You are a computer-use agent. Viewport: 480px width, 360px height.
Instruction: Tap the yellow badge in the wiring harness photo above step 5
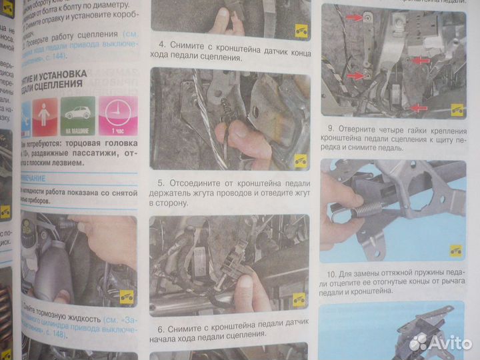[x=300, y=160]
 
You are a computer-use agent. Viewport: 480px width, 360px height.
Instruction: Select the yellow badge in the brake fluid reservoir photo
[x=126, y=297]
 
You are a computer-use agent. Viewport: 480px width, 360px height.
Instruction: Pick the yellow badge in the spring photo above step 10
[x=456, y=250]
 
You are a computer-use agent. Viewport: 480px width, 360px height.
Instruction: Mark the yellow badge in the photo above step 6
[x=299, y=299]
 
